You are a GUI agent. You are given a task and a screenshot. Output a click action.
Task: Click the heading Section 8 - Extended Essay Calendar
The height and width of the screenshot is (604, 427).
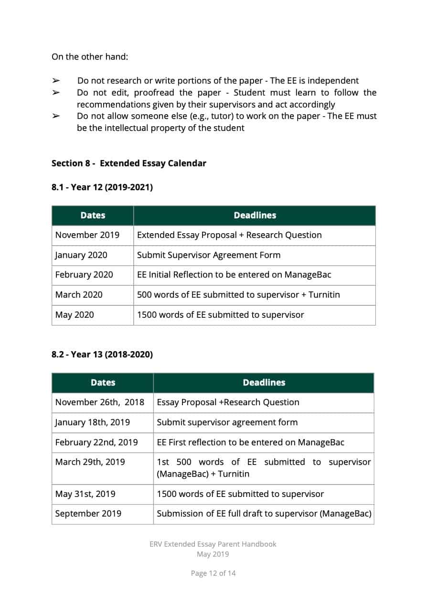point(128,163)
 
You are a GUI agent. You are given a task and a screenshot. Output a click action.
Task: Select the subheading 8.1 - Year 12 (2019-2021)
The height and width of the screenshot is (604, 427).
point(102,187)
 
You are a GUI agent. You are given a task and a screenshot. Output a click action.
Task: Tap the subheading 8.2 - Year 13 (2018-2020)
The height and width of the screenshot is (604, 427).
point(102,355)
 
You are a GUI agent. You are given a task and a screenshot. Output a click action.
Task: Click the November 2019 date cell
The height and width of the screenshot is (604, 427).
point(87,235)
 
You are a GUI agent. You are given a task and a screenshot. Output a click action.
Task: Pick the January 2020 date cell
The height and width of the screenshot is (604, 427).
point(81,255)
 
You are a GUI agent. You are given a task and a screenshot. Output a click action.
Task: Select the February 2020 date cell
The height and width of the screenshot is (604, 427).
point(84,275)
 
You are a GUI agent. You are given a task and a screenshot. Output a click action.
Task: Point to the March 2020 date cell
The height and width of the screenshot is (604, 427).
point(79,295)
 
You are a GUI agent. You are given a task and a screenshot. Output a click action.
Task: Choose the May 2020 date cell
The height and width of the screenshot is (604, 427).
point(75,315)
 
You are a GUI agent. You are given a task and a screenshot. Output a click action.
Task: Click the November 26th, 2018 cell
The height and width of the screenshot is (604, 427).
point(99,402)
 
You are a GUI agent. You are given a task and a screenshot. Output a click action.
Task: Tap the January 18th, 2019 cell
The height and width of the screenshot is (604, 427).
point(92,422)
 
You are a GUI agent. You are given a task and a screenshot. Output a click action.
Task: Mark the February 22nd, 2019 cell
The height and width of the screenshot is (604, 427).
point(97,442)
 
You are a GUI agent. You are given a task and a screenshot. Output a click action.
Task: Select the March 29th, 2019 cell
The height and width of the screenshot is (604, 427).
point(90,462)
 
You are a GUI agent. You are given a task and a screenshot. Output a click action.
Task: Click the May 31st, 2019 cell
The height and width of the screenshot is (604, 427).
point(85,494)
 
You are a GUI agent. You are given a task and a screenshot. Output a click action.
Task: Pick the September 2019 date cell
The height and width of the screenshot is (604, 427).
point(88,514)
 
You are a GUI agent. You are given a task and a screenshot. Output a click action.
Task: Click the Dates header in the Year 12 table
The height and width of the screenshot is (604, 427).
point(93,216)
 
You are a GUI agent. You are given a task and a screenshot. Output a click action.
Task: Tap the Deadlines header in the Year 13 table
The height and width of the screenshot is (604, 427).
point(264,383)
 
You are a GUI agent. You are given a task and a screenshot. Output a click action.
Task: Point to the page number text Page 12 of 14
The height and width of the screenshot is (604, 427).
point(213,573)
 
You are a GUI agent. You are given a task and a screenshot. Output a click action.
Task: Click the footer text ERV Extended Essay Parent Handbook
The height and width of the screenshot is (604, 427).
point(213,544)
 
